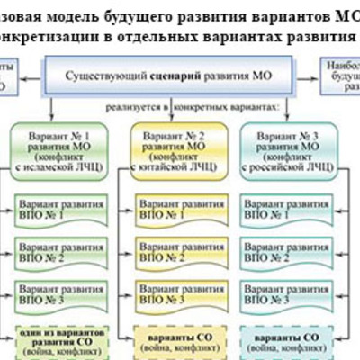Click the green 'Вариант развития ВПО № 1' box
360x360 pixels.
(x=57, y=212)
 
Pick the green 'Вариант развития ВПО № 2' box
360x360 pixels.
(x=57, y=252)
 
